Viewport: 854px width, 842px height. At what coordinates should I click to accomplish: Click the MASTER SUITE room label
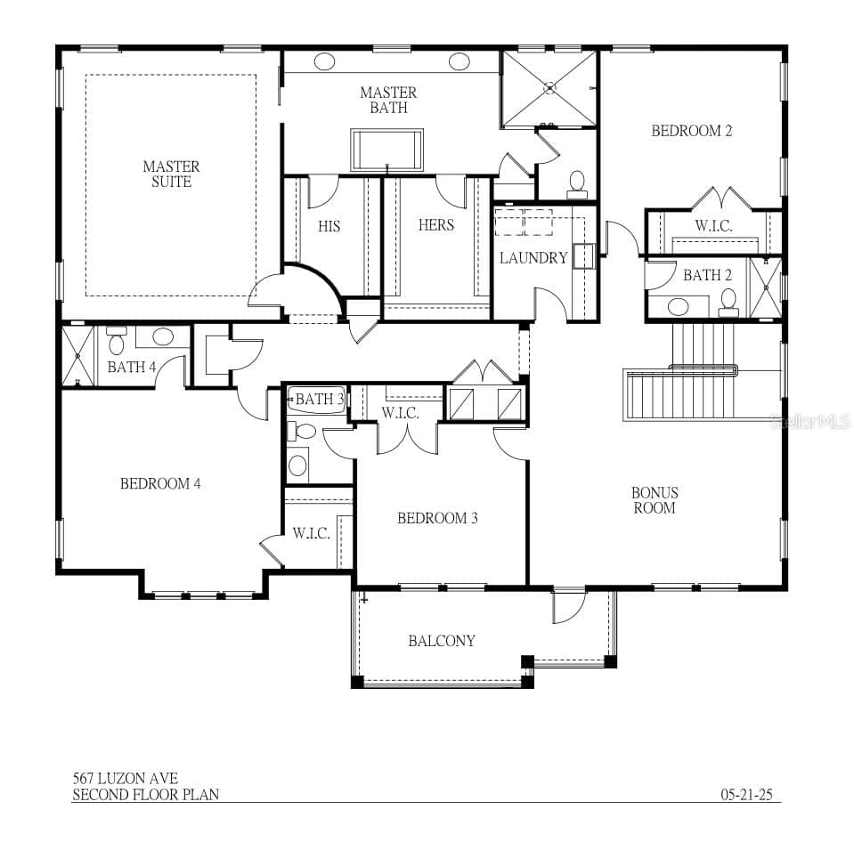(x=171, y=174)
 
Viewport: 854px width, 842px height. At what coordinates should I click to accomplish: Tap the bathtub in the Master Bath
(x=387, y=150)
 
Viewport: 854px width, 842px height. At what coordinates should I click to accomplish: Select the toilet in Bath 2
(x=728, y=304)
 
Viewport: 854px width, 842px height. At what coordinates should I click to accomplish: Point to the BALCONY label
(x=442, y=641)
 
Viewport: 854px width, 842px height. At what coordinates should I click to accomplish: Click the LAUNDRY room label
(x=533, y=257)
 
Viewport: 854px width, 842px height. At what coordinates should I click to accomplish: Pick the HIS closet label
(x=329, y=226)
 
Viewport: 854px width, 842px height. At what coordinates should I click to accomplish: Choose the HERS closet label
(x=436, y=225)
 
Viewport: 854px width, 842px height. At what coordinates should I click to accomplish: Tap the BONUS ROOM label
(x=655, y=500)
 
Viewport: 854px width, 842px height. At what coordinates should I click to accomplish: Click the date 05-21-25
(x=747, y=795)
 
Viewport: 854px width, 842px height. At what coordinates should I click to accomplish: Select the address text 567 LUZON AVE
(x=126, y=778)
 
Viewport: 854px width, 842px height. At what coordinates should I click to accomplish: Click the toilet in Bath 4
(x=116, y=341)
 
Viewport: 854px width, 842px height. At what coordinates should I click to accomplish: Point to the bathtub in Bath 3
(x=316, y=400)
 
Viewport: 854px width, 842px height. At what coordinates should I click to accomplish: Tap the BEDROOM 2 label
(x=692, y=131)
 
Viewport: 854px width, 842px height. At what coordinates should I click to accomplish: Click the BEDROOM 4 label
(x=160, y=483)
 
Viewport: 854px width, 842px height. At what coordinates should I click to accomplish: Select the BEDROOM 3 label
(x=437, y=518)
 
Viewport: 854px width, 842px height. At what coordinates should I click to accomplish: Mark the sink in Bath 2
(x=678, y=306)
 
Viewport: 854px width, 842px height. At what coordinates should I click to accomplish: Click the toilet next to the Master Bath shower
(x=577, y=185)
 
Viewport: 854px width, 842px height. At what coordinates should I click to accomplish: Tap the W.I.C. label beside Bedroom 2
(x=713, y=226)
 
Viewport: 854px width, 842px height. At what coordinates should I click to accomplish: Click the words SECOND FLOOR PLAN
(x=145, y=795)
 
